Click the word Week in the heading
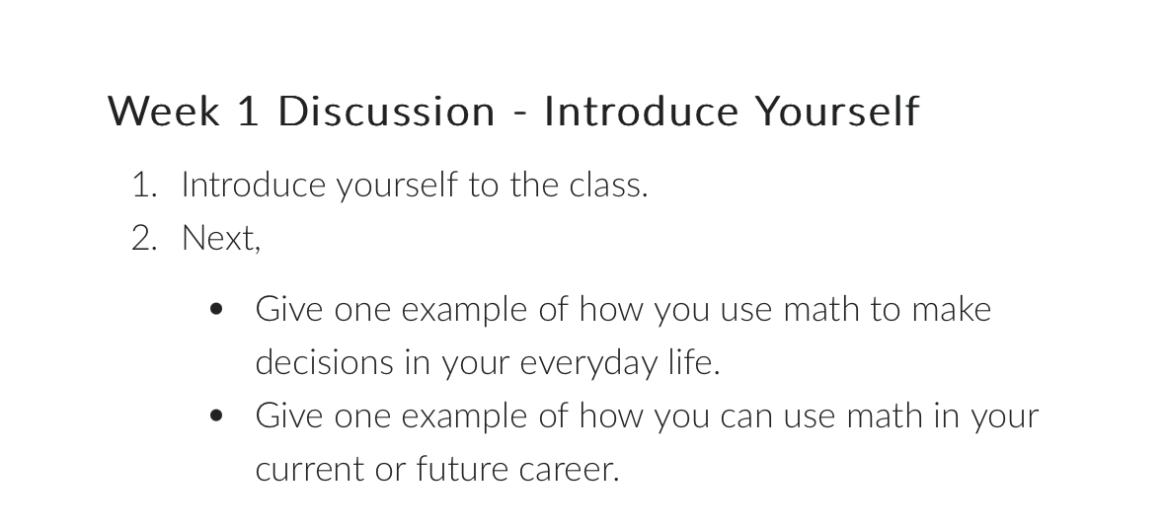coord(164,111)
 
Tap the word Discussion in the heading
coord(386,111)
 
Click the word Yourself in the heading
coord(837,111)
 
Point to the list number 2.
coord(143,238)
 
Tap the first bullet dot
coord(217,310)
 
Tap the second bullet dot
coord(217,417)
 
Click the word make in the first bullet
coord(951,310)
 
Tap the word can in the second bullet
coord(747,417)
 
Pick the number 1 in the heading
coord(248,111)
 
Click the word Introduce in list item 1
coord(254,185)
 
